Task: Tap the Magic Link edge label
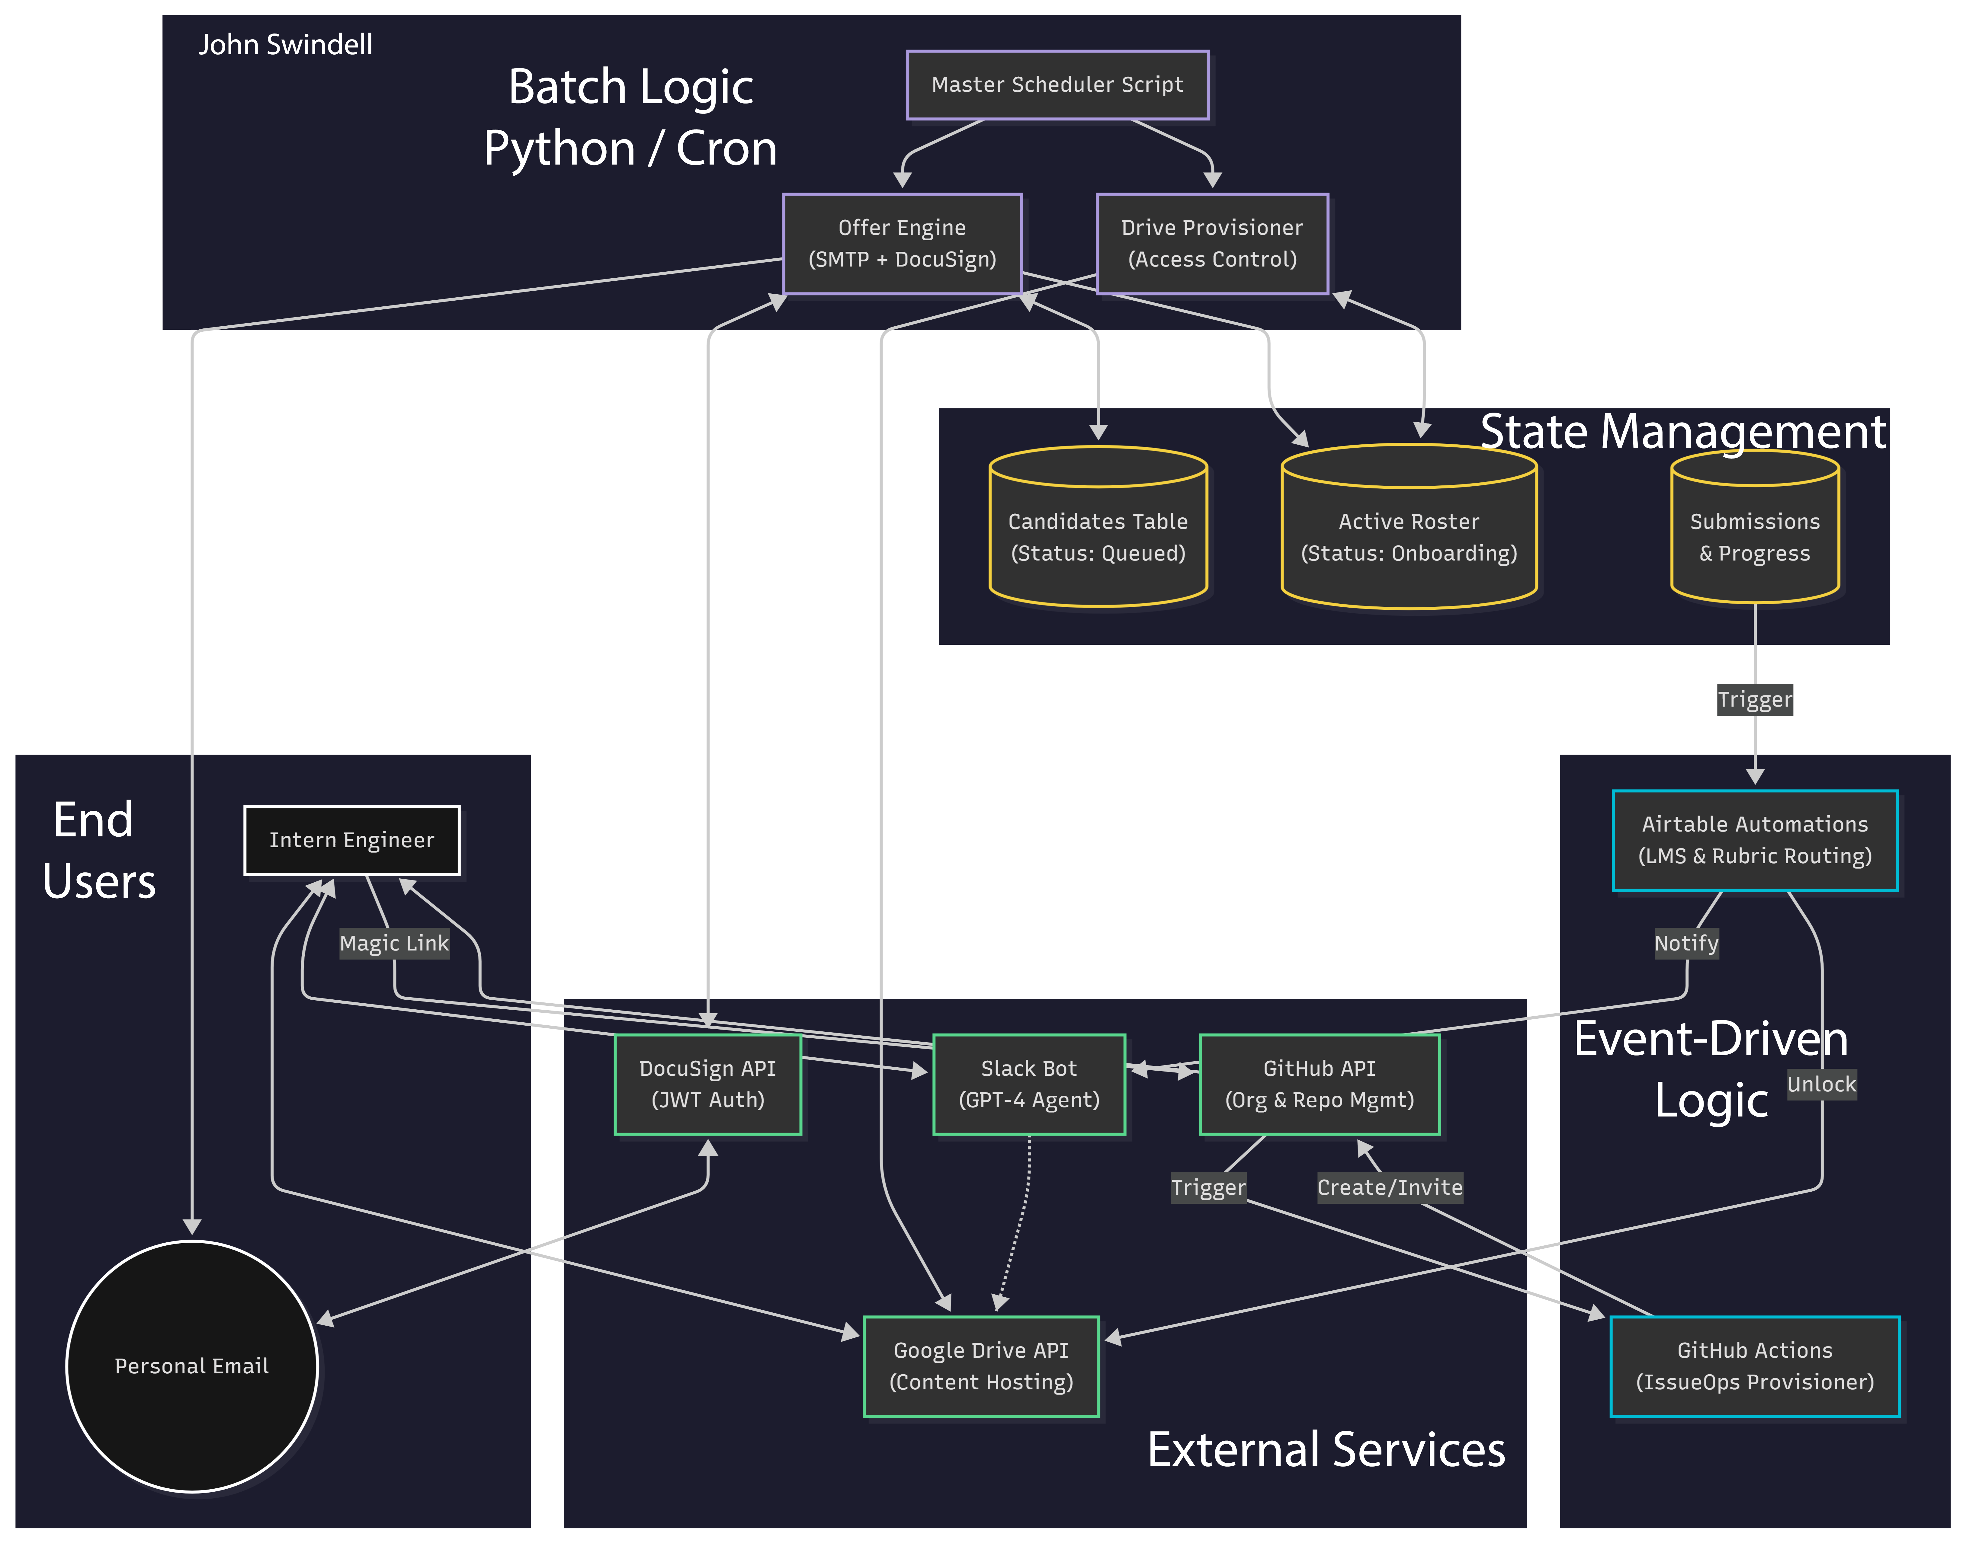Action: tap(394, 943)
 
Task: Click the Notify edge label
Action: tap(1686, 943)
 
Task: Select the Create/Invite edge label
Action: tap(1389, 1187)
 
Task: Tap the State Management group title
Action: tap(1682, 432)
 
